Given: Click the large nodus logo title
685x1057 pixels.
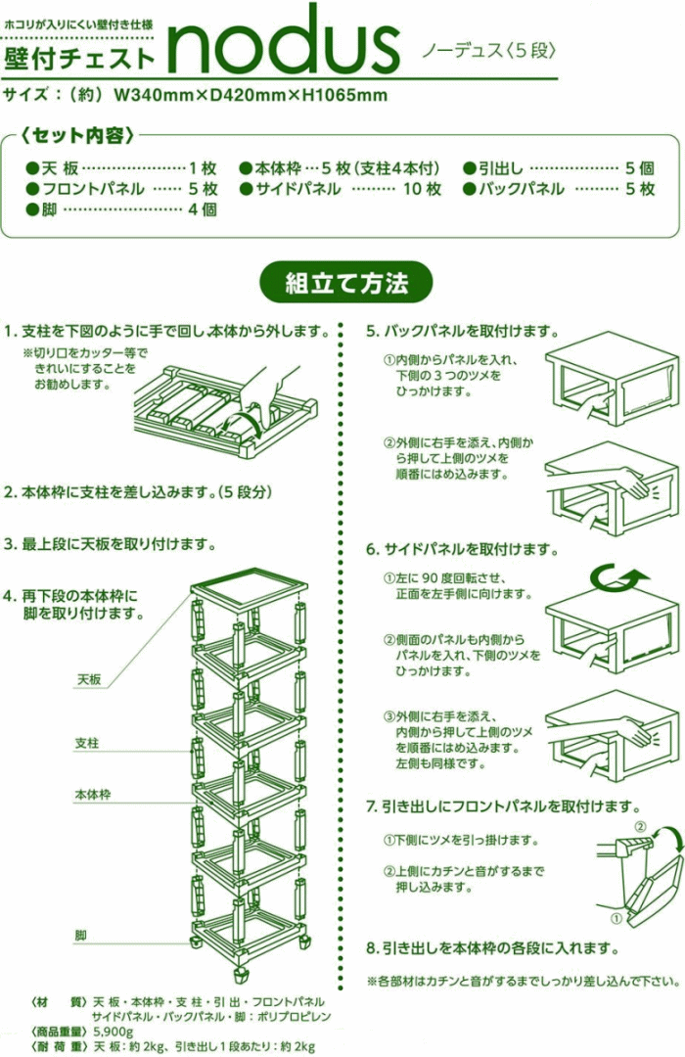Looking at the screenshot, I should [284, 41].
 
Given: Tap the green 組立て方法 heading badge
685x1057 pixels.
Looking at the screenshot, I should [345, 284].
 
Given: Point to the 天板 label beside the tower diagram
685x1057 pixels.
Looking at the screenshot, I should [88, 678].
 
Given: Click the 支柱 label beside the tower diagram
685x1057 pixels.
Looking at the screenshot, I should [87, 743].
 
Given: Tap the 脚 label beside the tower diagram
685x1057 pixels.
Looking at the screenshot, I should [80, 936].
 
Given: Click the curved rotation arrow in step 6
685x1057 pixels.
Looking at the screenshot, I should [616, 581].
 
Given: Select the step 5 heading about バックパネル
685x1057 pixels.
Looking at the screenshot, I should [462, 332].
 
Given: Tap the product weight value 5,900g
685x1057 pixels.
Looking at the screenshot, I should [114, 1032].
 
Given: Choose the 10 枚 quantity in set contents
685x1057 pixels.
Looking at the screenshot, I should [423, 189].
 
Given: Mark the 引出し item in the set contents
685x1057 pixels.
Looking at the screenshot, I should [502, 167].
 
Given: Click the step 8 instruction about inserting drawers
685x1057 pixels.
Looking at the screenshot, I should [492, 948].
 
